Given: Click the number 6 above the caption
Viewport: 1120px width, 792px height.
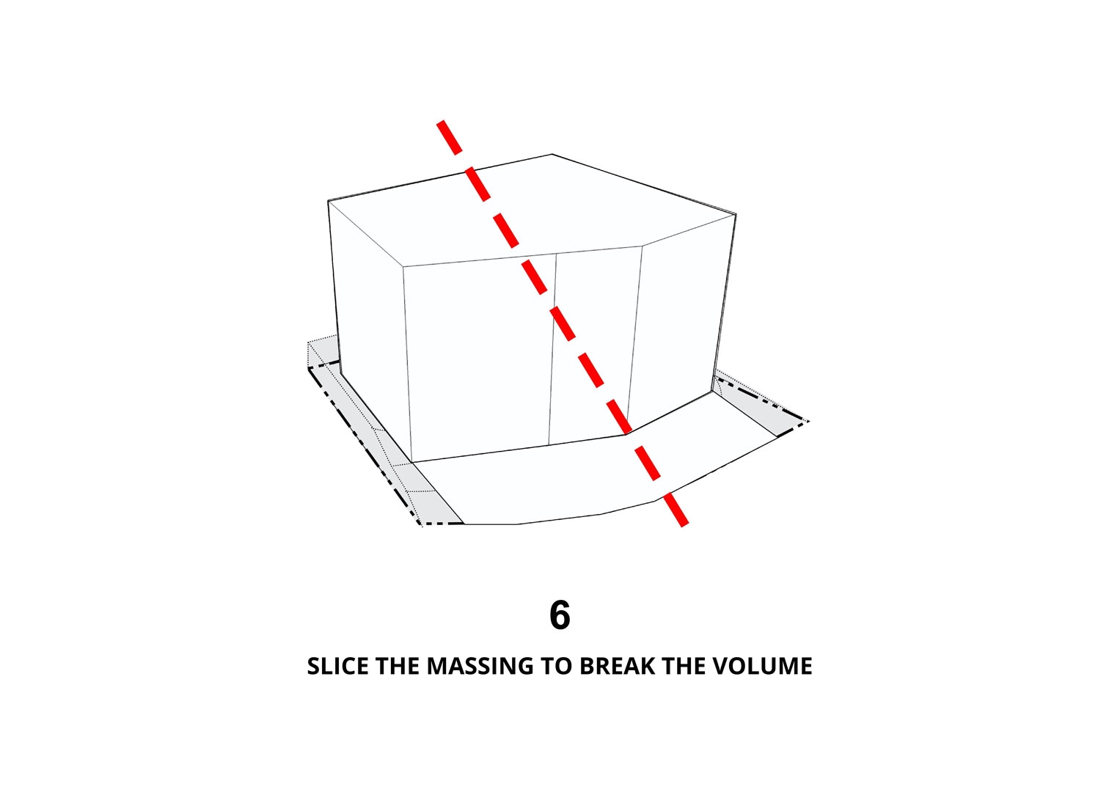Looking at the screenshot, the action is [560, 615].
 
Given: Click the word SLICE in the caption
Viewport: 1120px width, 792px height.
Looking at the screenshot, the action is [337, 667].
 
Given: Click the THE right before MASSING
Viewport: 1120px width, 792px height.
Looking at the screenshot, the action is [398, 667].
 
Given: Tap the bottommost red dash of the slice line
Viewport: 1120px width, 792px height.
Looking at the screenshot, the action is [676, 509].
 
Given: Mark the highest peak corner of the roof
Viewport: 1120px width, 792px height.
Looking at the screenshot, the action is [552, 155].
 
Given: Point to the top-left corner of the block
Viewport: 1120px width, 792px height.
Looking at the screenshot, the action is [329, 201].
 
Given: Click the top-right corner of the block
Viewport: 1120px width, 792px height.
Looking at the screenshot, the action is [736, 215].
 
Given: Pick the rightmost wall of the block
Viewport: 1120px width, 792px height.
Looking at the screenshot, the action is [683, 320].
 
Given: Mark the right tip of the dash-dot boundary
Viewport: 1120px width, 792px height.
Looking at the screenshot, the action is [808, 422].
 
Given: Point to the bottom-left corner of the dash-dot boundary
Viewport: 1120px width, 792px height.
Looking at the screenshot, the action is [420, 524].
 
